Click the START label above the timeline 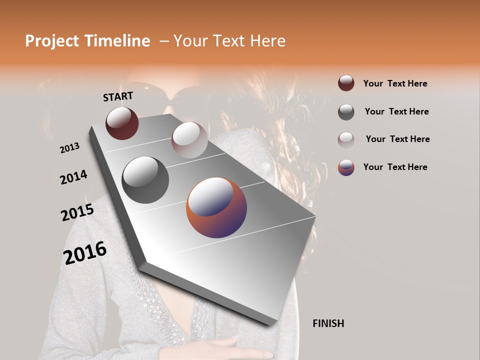[x=118, y=96]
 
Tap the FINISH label [x=328, y=323]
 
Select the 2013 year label [x=69, y=148]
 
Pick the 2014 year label [x=73, y=177]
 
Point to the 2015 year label [x=77, y=212]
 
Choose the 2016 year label [x=85, y=253]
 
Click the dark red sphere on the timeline [x=122, y=123]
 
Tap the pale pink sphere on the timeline [x=189, y=139]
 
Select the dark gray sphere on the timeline [x=145, y=179]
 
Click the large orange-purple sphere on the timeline [x=216, y=207]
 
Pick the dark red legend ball [x=346, y=83]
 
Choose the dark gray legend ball [x=346, y=111]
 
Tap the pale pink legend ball [x=346, y=139]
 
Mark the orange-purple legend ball [x=346, y=167]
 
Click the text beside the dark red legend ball [x=395, y=83]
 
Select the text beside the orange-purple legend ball [x=395, y=167]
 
